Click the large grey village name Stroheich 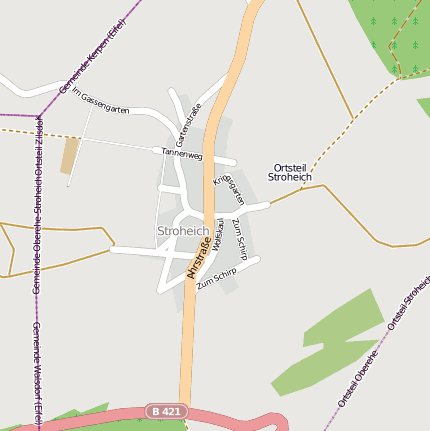(x=184, y=232)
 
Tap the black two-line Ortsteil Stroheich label (x=290, y=172)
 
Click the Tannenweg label (x=182, y=155)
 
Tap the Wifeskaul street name (x=216, y=241)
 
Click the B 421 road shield (x=166, y=411)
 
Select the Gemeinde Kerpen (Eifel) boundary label (x=93, y=61)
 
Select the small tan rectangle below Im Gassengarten (x=69, y=155)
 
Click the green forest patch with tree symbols (x=395, y=35)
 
